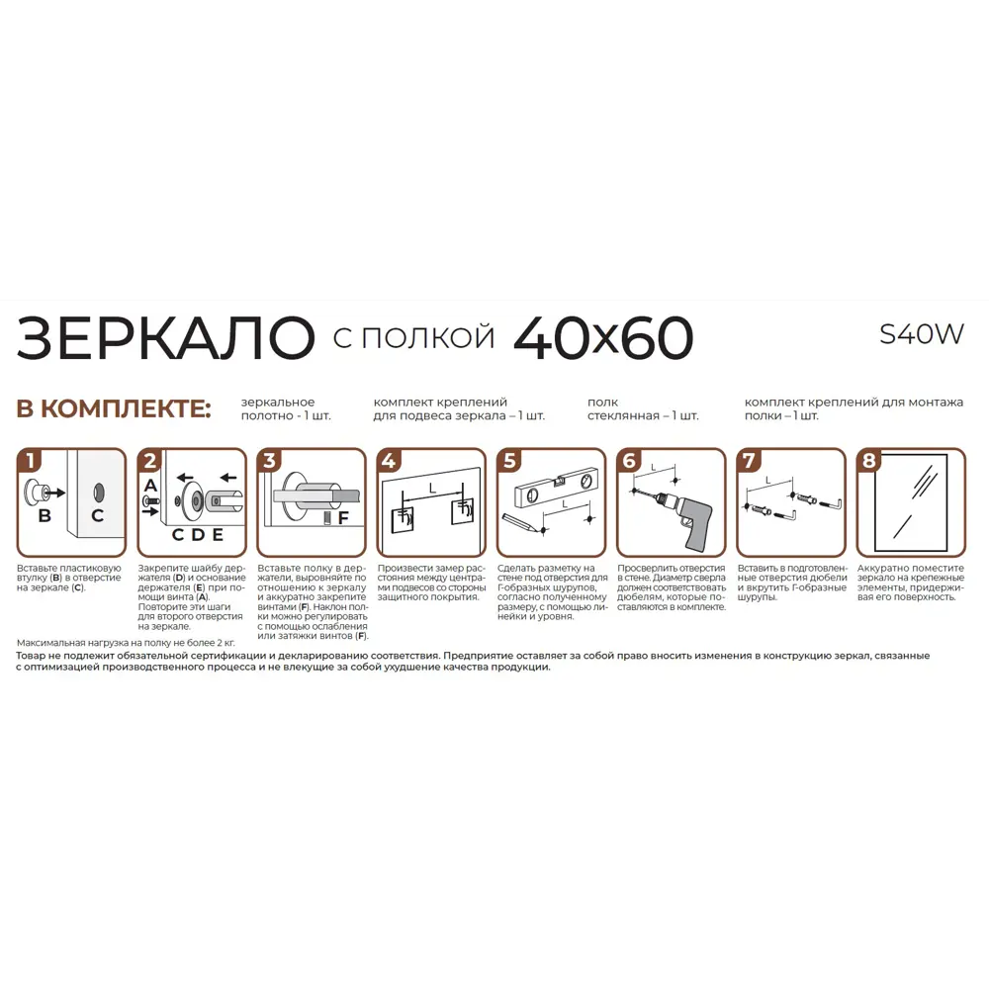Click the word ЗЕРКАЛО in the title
[165, 338]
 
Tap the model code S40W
[921, 335]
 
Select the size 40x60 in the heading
[603, 338]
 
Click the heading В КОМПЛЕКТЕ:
[114, 408]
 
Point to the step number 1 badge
[32, 461]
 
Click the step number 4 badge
[390, 461]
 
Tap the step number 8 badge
[869, 461]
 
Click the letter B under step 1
[45, 515]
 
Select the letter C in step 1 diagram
[97, 515]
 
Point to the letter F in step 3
[342, 517]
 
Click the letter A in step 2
[149, 485]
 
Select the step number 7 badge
[749, 461]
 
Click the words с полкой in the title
[413, 337]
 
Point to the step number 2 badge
[150, 461]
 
